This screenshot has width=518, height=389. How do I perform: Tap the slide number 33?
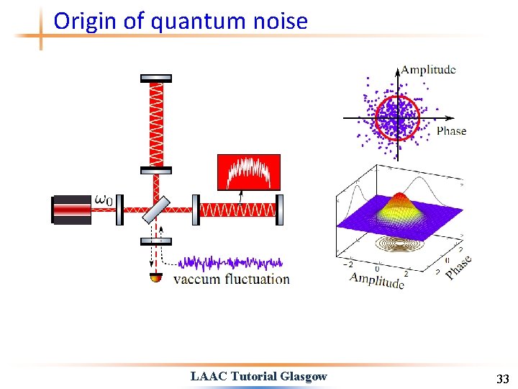pyautogui.click(x=502, y=379)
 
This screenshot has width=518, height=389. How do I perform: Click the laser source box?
pyautogui.click(x=72, y=210)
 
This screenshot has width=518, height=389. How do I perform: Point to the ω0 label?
pyautogui.click(x=104, y=200)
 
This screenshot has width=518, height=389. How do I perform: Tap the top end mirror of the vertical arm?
pyautogui.click(x=156, y=78)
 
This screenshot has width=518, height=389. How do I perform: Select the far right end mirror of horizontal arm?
pyautogui.click(x=280, y=210)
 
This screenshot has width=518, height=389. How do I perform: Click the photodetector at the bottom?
pyautogui.click(x=155, y=277)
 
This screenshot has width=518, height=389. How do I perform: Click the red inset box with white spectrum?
pyautogui.click(x=248, y=172)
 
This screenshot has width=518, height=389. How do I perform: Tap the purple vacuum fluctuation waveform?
pyautogui.click(x=230, y=263)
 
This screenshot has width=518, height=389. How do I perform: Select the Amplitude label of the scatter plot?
pyautogui.click(x=428, y=70)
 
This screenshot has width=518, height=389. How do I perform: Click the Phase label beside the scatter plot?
pyautogui.click(x=451, y=130)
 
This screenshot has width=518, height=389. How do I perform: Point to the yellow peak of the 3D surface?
pyautogui.click(x=397, y=199)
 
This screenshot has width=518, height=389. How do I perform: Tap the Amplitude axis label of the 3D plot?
pyautogui.click(x=376, y=280)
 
